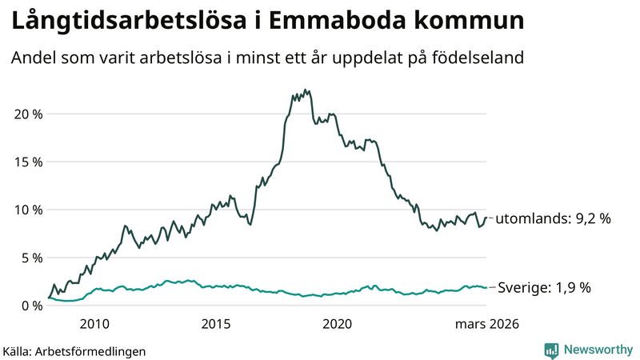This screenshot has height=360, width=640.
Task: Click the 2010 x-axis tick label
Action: (x=94, y=324)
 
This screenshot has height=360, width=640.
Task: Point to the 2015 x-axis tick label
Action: (x=216, y=324)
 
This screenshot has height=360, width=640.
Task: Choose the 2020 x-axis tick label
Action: (x=337, y=324)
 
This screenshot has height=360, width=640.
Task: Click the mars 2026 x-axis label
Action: (x=486, y=324)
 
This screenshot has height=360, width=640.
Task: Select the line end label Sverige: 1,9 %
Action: (x=544, y=287)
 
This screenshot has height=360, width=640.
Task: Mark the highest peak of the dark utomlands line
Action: (x=305, y=90)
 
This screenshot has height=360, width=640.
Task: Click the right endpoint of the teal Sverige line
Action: (x=486, y=287)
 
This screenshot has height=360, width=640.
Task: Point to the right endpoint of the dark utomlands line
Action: (x=486, y=218)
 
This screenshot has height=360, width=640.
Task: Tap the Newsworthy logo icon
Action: (x=551, y=350)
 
